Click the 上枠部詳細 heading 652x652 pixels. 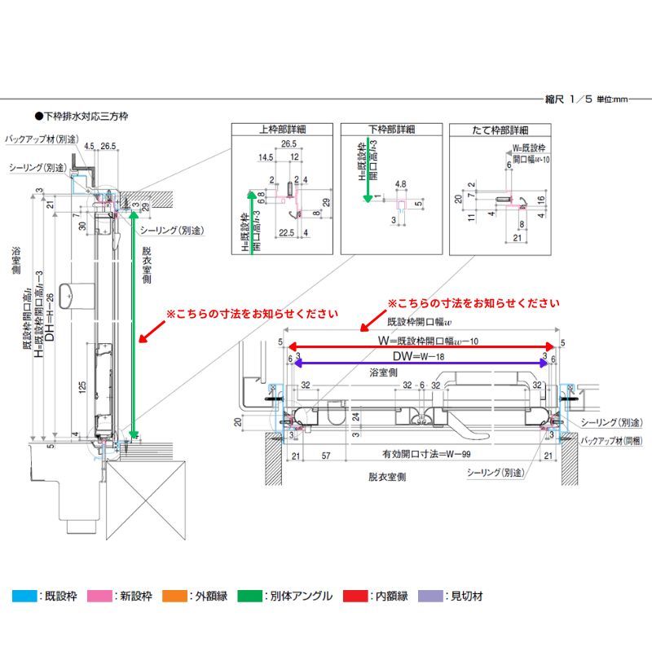(282, 129)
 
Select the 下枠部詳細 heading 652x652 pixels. (391, 129)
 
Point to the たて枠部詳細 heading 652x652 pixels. (501, 129)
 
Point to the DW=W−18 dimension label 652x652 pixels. (421, 357)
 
